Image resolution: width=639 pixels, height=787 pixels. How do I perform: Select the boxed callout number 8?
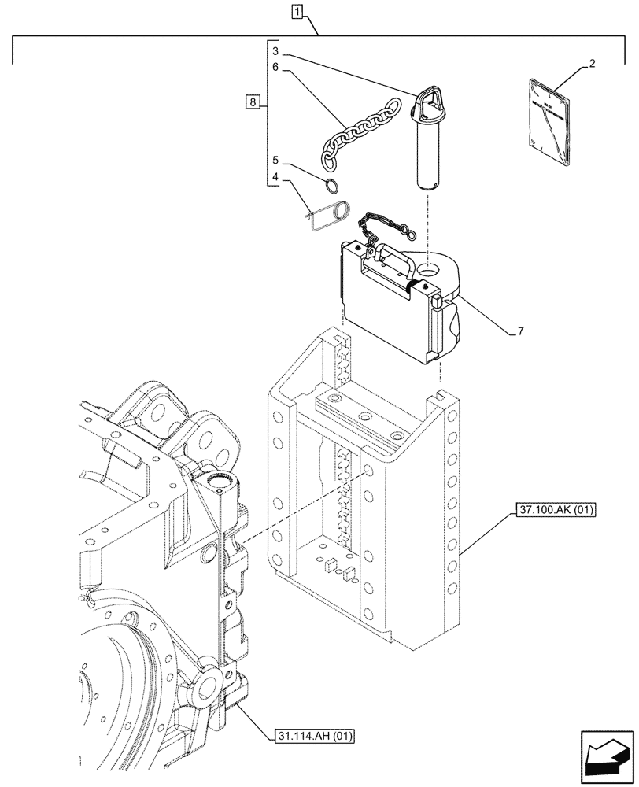pos(251,102)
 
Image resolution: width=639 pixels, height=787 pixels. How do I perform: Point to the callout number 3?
pos(276,51)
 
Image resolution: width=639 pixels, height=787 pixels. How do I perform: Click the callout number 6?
pos(276,68)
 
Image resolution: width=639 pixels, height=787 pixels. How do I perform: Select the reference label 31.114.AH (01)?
pos(316,737)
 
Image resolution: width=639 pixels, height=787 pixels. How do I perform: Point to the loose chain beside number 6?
pos(351,132)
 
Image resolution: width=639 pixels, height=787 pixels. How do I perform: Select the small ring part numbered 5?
pos(334,187)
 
